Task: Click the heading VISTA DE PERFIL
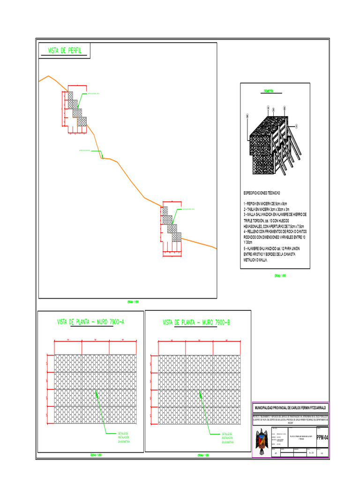(x=65, y=51)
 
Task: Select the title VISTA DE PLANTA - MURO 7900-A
(x=90, y=322)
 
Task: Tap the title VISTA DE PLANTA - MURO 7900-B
(x=196, y=322)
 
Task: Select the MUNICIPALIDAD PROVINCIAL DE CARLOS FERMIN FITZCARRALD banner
(x=290, y=408)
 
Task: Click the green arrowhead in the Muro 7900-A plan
(x=97, y=394)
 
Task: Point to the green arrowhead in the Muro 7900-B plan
(x=201, y=394)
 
